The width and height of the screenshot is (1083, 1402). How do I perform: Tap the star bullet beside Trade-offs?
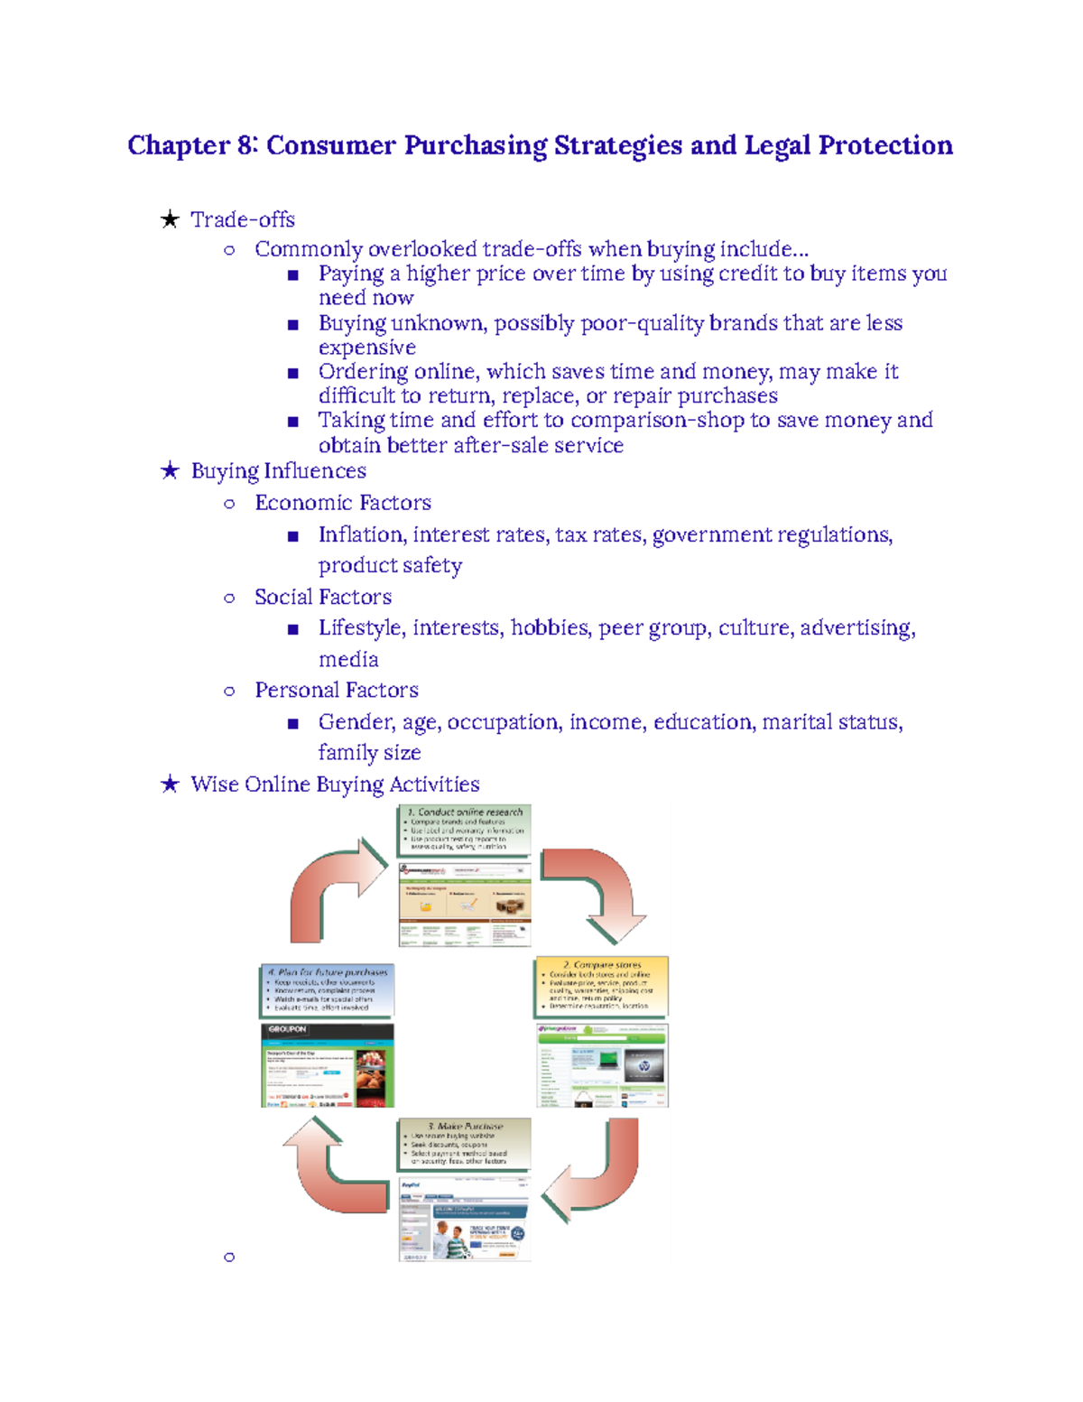coord(170,219)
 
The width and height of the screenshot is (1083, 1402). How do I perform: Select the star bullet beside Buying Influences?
coord(170,470)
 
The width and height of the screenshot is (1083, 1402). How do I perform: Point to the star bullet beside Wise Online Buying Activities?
coord(170,784)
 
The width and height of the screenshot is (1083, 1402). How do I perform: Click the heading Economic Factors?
coord(343,503)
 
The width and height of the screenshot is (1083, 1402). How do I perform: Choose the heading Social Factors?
coord(323,597)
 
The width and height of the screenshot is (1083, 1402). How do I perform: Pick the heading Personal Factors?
coord(337,691)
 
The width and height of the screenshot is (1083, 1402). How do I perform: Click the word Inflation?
coord(361,534)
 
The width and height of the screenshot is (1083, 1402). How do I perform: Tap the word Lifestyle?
coord(360,627)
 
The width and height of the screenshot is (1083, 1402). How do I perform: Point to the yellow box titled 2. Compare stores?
coord(602,985)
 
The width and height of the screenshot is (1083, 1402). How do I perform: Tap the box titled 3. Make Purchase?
coord(464,1144)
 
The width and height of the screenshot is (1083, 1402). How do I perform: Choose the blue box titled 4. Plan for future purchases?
coord(327,989)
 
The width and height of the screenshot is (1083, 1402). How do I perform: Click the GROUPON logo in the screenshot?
coord(288,1029)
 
